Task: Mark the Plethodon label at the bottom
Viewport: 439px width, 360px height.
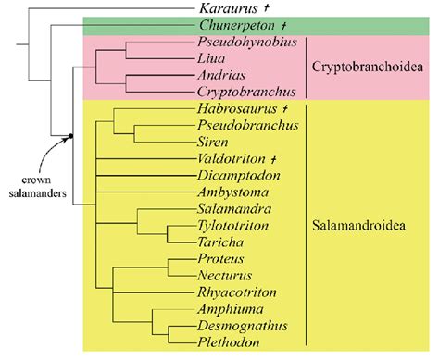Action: click(227, 341)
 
